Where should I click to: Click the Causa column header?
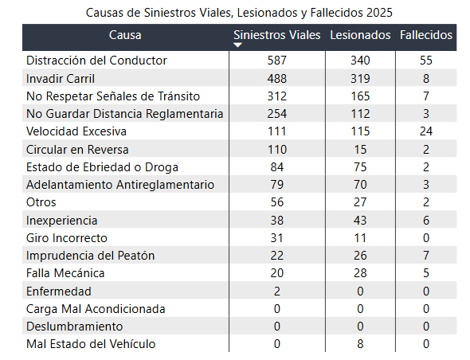tap(125, 35)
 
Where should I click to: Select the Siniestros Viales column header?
tap(277, 35)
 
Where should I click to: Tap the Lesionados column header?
tap(360, 35)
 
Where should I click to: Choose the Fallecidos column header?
tap(426, 35)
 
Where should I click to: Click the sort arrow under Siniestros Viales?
tap(237, 45)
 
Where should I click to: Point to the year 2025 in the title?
tap(379, 13)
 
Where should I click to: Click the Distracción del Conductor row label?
tap(96, 61)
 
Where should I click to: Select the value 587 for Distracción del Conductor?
tap(277, 61)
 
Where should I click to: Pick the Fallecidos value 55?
tap(426, 61)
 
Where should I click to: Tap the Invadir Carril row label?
tap(61, 79)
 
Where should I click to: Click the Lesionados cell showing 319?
tap(360, 79)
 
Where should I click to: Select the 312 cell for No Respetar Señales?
tap(277, 96)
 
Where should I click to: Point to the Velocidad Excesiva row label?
tap(76, 131)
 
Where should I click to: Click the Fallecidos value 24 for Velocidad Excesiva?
tap(426, 131)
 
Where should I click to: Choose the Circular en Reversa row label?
tap(77, 150)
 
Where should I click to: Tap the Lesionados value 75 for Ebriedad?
tap(360, 167)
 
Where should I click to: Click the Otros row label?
tap(41, 202)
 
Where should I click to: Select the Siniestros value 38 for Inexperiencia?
tap(277, 221)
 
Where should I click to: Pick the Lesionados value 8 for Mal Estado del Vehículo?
tap(360, 344)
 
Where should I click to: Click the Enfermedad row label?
tap(59, 292)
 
